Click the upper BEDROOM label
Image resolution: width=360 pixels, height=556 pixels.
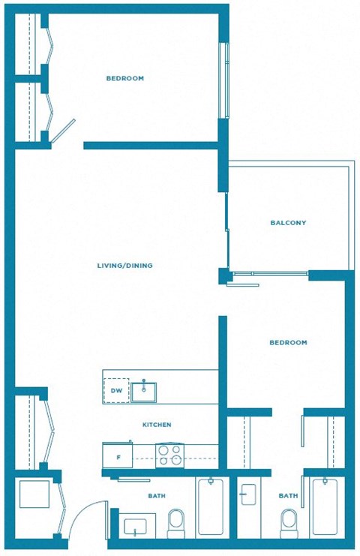[x=124, y=78]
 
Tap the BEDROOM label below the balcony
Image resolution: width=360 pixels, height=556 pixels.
[x=288, y=343]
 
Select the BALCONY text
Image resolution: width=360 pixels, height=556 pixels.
[x=288, y=223]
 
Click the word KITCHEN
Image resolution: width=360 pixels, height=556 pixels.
[x=157, y=425]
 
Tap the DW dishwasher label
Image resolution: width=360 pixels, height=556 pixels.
[x=116, y=391]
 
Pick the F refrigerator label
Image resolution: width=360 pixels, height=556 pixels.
[x=118, y=456]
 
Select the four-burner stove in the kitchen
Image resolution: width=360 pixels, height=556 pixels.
[x=169, y=455]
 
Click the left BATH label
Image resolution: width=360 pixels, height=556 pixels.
[x=157, y=496]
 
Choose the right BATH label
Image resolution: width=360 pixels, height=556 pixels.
[x=288, y=496]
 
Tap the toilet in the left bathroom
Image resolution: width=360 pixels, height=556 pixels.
[x=177, y=520]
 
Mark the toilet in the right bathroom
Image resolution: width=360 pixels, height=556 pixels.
[x=288, y=520]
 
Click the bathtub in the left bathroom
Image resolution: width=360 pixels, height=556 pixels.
[x=212, y=507]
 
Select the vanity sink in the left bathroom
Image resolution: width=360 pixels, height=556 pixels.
[x=137, y=525]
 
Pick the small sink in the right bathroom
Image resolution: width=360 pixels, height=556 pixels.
[x=248, y=494]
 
